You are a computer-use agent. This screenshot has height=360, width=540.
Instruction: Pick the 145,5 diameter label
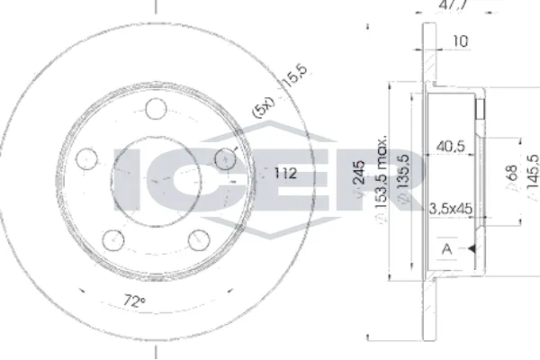[x=532, y=183]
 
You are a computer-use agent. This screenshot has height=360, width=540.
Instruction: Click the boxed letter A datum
[x=446, y=248]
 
